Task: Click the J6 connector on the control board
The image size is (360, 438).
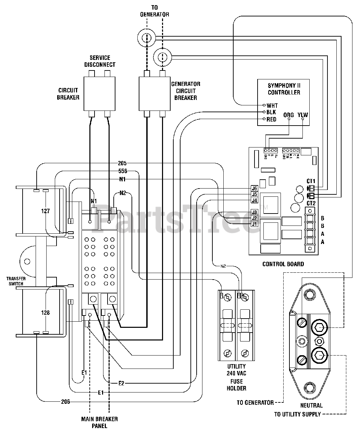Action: point(254,188)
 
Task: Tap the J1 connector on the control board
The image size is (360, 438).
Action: point(254,224)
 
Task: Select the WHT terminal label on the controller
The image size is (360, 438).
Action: point(272,106)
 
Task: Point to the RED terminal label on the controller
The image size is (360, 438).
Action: point(271,119)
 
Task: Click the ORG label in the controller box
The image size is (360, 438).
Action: point(288,115)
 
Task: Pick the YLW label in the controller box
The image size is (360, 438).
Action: point(303,115)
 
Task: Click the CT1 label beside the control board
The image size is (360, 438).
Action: point(311,181)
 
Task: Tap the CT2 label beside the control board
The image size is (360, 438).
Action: point(311,203)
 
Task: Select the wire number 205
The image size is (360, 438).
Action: point(122,163)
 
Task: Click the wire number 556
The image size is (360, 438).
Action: point(122,171)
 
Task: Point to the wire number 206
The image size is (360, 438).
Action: point(65,401)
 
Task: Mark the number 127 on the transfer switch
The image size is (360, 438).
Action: point(46,211)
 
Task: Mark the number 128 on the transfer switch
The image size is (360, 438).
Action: point(46,312)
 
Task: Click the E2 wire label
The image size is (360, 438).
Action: point(121,383)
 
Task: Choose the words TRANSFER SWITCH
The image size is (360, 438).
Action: point(15,281)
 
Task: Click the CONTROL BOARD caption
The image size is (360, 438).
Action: point(283,264)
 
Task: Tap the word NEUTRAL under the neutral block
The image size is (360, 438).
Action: point(312,405)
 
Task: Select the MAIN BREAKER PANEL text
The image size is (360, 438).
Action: point(99,423)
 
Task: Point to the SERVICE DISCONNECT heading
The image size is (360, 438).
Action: point(100,61)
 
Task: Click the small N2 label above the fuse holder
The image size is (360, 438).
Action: point(223,266)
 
